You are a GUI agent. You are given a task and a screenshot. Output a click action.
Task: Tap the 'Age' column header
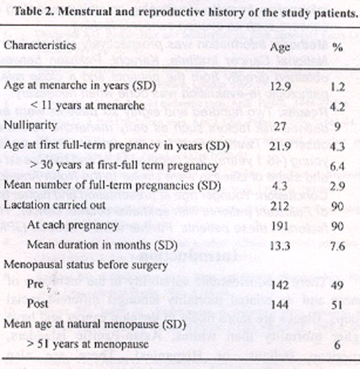pos(280,47)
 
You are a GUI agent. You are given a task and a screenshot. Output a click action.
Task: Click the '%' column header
pos(337,48)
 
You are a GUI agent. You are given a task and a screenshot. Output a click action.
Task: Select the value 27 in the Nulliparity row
pos(280,127)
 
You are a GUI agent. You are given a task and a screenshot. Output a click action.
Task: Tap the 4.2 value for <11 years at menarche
pos(336,106)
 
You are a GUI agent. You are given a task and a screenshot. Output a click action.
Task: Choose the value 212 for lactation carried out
pos(280,207)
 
